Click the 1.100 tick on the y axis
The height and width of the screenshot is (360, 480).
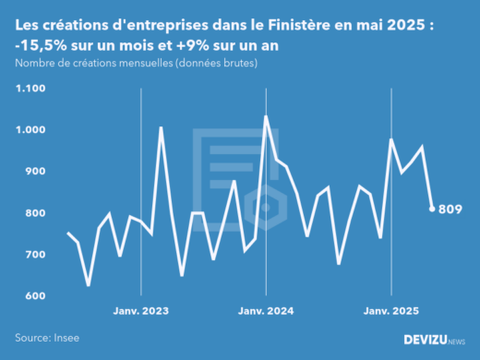pyautogui.click(x=30, y=89)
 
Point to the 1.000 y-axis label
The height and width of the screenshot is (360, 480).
pyautogui.click(x=30, y=130)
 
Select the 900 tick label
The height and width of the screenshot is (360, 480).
pyautogui.click(x=35, y=172)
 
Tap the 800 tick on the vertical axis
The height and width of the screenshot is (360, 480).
pyautogui.click(x=35, y=213)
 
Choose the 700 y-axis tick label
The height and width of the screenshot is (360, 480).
pyautogui.click(x=35, y=255)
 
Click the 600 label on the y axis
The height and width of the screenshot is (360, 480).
pyautogui.click(x=35, y=296)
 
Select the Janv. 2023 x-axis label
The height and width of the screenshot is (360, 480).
pyautogui.click(x=140, y=312)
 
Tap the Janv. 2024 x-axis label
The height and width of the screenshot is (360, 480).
pyautogui.click(x=266, y=312)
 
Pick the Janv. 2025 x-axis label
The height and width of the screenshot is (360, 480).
pyautogui.click(x=390, y=312)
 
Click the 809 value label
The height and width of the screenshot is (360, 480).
pyautogui.click(x=450, y=209)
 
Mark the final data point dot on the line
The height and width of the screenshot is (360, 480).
pyautogui.click(x=432, y=209)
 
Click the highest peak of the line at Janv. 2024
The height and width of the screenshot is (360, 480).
pyautogui.click(x=266, y=116)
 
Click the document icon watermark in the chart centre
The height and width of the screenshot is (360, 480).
pyautogui.click(x=237, y=175)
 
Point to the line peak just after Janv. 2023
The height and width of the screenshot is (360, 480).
pyautogui.click(x=162, y=128)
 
